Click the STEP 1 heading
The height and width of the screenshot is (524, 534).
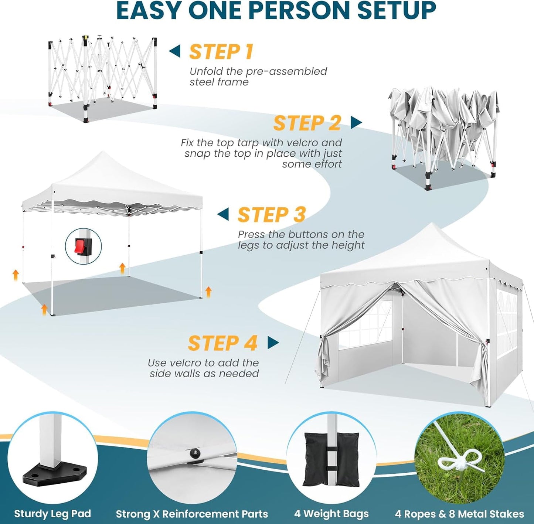tap(221, 52)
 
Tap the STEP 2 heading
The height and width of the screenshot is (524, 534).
tap(307, 123)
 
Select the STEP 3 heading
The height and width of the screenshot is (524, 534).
tap(272, 215)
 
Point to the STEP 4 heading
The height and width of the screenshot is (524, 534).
tap(222, 343)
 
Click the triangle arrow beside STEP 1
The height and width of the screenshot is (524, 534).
tap(175, 51)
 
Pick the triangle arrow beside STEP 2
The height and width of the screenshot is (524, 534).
tap(356, 122)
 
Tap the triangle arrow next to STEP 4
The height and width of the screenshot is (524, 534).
tap(273, 343)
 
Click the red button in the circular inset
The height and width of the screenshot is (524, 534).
tap(80, 246)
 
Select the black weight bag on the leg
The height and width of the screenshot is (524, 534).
tap(331, 460)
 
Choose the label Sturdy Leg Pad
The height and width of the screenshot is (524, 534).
tap(52, 514)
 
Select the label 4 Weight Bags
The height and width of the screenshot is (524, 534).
tap(331, 514)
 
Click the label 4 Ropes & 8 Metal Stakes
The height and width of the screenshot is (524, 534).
tap(459, 514)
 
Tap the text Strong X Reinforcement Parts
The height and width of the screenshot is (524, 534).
tap(192, 514)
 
